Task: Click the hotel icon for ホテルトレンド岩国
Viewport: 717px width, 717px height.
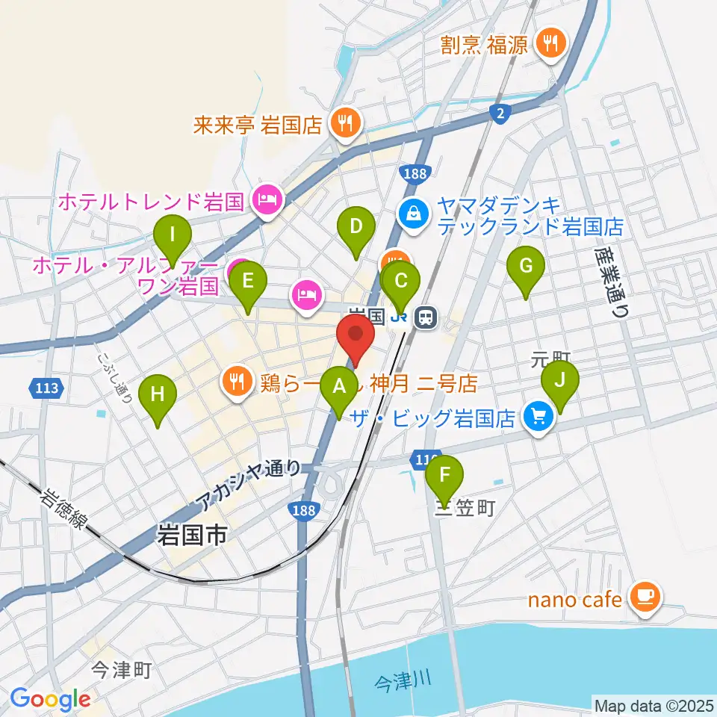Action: point(266,200)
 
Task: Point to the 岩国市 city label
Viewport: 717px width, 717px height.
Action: point(191,535)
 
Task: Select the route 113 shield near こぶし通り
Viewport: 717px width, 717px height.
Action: point(48,388)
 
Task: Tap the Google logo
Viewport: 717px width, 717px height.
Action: point(51,699)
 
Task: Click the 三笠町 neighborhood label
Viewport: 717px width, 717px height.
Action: point(465,509)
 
